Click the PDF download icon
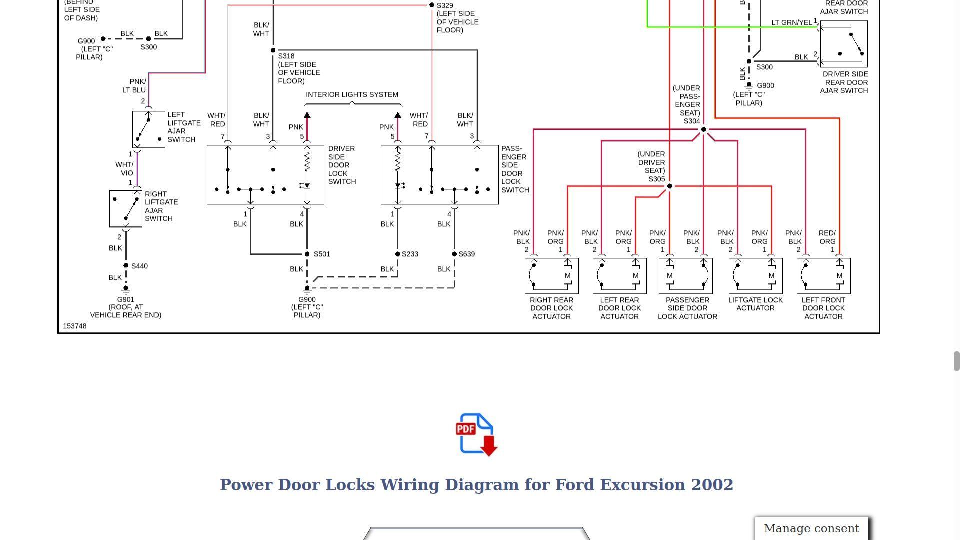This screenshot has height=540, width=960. tap(476, 434)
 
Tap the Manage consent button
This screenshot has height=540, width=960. tap(811, 529)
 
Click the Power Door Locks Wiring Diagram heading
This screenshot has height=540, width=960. tap(476, 485)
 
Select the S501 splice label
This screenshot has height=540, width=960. tap(322, 254)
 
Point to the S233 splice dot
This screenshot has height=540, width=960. tap(398, 254)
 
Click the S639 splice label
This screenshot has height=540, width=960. tap(466, 254)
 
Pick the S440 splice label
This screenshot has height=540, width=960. tap(139, 266)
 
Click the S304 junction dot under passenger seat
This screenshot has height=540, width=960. tap(703, 130)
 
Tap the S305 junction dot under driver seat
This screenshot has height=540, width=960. tap(669, 186)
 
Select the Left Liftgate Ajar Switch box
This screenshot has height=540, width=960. tap(148, 129)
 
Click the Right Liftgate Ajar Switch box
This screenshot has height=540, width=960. tap(126, 209)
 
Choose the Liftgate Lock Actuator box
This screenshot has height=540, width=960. tap(755, 276)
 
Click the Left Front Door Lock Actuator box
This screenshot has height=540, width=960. tap(823, 276)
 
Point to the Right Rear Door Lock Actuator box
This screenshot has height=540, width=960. tap(551, 276)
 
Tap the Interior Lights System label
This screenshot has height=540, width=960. tap(352, 95)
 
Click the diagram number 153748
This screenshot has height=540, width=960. tap(75, 326)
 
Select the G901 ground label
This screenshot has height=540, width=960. tap(126, 300)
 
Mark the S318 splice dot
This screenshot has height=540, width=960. tap(273, 50)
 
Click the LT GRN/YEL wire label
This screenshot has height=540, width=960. tap(792, 23)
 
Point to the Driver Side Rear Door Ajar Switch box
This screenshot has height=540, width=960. tap(844, 44)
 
